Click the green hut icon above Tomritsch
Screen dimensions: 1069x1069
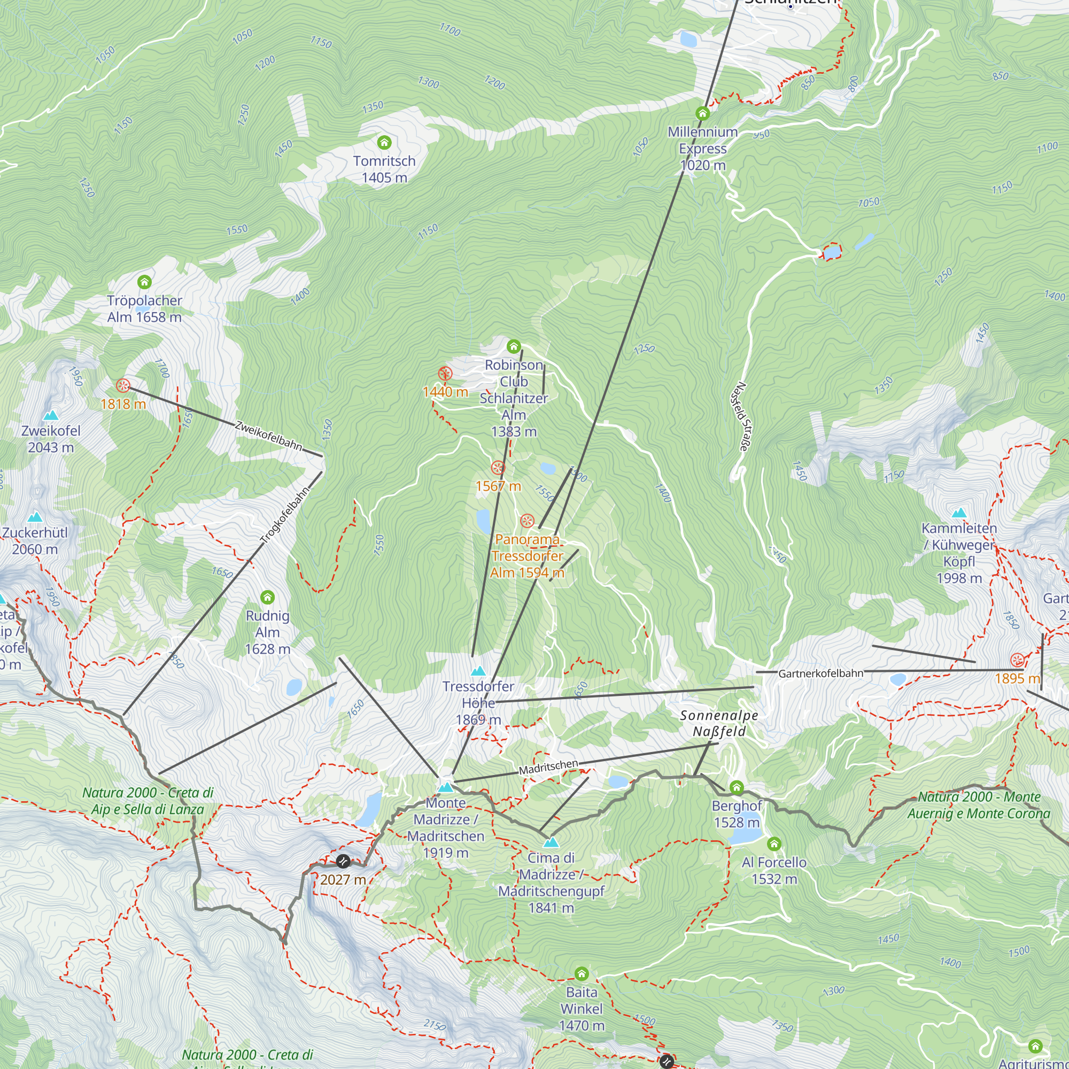(384, 143)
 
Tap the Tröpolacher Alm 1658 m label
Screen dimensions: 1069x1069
(144, 309)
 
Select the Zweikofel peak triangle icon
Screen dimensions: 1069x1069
(51, 415)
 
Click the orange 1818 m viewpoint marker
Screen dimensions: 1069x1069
(123, 386)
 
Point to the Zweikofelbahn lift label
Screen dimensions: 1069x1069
(268, 436)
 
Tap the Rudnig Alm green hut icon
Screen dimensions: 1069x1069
(267, 597)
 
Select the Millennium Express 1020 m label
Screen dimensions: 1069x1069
(702, 148)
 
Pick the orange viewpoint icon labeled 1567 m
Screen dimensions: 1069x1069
(498, 468)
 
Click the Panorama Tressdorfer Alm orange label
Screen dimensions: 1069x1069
(527, 555)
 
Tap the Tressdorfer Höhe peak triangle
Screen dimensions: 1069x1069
(478, 671)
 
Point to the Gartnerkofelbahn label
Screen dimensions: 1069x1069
(820, 673)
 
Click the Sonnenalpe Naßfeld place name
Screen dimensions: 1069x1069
(719, 723)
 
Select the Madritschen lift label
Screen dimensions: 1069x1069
(548, 767)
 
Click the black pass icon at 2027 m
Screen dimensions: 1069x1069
(343, 861)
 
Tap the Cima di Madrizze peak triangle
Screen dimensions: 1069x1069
(551, 843)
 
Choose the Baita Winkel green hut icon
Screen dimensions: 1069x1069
(581, 973)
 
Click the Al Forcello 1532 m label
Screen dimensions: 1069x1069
(774, 870)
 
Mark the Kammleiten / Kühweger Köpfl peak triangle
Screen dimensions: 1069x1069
(959, 513)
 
